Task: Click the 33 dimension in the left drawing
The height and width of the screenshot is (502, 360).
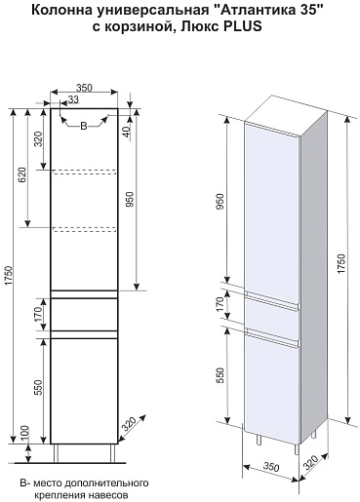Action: click(x=74, y=99)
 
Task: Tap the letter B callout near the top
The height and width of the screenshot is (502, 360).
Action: click(x=84, y=126)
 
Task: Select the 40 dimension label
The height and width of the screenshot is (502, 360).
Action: click(x=127, y=131)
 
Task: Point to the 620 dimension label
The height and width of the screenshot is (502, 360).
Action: click(x=21, y=174)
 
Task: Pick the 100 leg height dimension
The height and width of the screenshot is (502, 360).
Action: click(x=24, y=433)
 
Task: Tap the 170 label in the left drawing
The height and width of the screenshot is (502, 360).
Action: click(x=38, y=314)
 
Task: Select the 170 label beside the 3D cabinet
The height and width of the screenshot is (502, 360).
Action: click(x=220, y=304)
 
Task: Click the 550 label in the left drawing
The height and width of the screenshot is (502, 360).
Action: click(x=38, y=387)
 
